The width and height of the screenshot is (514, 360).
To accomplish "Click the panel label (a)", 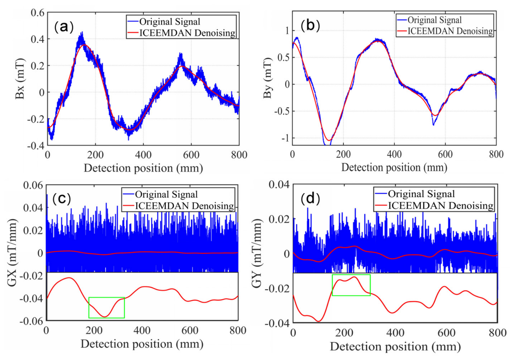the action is (64, 27).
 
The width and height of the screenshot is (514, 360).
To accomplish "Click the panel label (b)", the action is (310, 25).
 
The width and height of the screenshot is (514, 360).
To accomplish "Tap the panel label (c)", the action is (62, 198).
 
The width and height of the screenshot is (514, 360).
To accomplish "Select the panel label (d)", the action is (310, 198).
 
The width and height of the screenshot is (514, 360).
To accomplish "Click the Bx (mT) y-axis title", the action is (20, 79).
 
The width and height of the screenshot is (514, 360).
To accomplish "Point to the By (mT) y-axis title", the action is (268, 78).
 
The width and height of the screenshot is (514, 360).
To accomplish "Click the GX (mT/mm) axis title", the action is (12, 253).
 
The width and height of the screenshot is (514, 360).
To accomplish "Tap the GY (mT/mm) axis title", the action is (257, 253).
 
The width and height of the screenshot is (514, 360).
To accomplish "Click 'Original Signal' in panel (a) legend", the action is (170, 22).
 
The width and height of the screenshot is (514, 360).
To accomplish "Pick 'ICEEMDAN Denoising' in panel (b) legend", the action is (450, 31).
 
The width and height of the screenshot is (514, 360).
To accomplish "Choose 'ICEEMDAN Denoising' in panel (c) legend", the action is (184, 206).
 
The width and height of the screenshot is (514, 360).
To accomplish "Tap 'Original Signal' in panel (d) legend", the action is (421, 194).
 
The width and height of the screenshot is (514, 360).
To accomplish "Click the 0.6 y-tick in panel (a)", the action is (38, 13).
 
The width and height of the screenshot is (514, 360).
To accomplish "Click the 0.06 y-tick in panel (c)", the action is (33, 185).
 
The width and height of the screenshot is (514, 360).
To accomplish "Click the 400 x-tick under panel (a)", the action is (143, 155).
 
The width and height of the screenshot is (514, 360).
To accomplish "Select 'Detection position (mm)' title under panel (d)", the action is (395, 347).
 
